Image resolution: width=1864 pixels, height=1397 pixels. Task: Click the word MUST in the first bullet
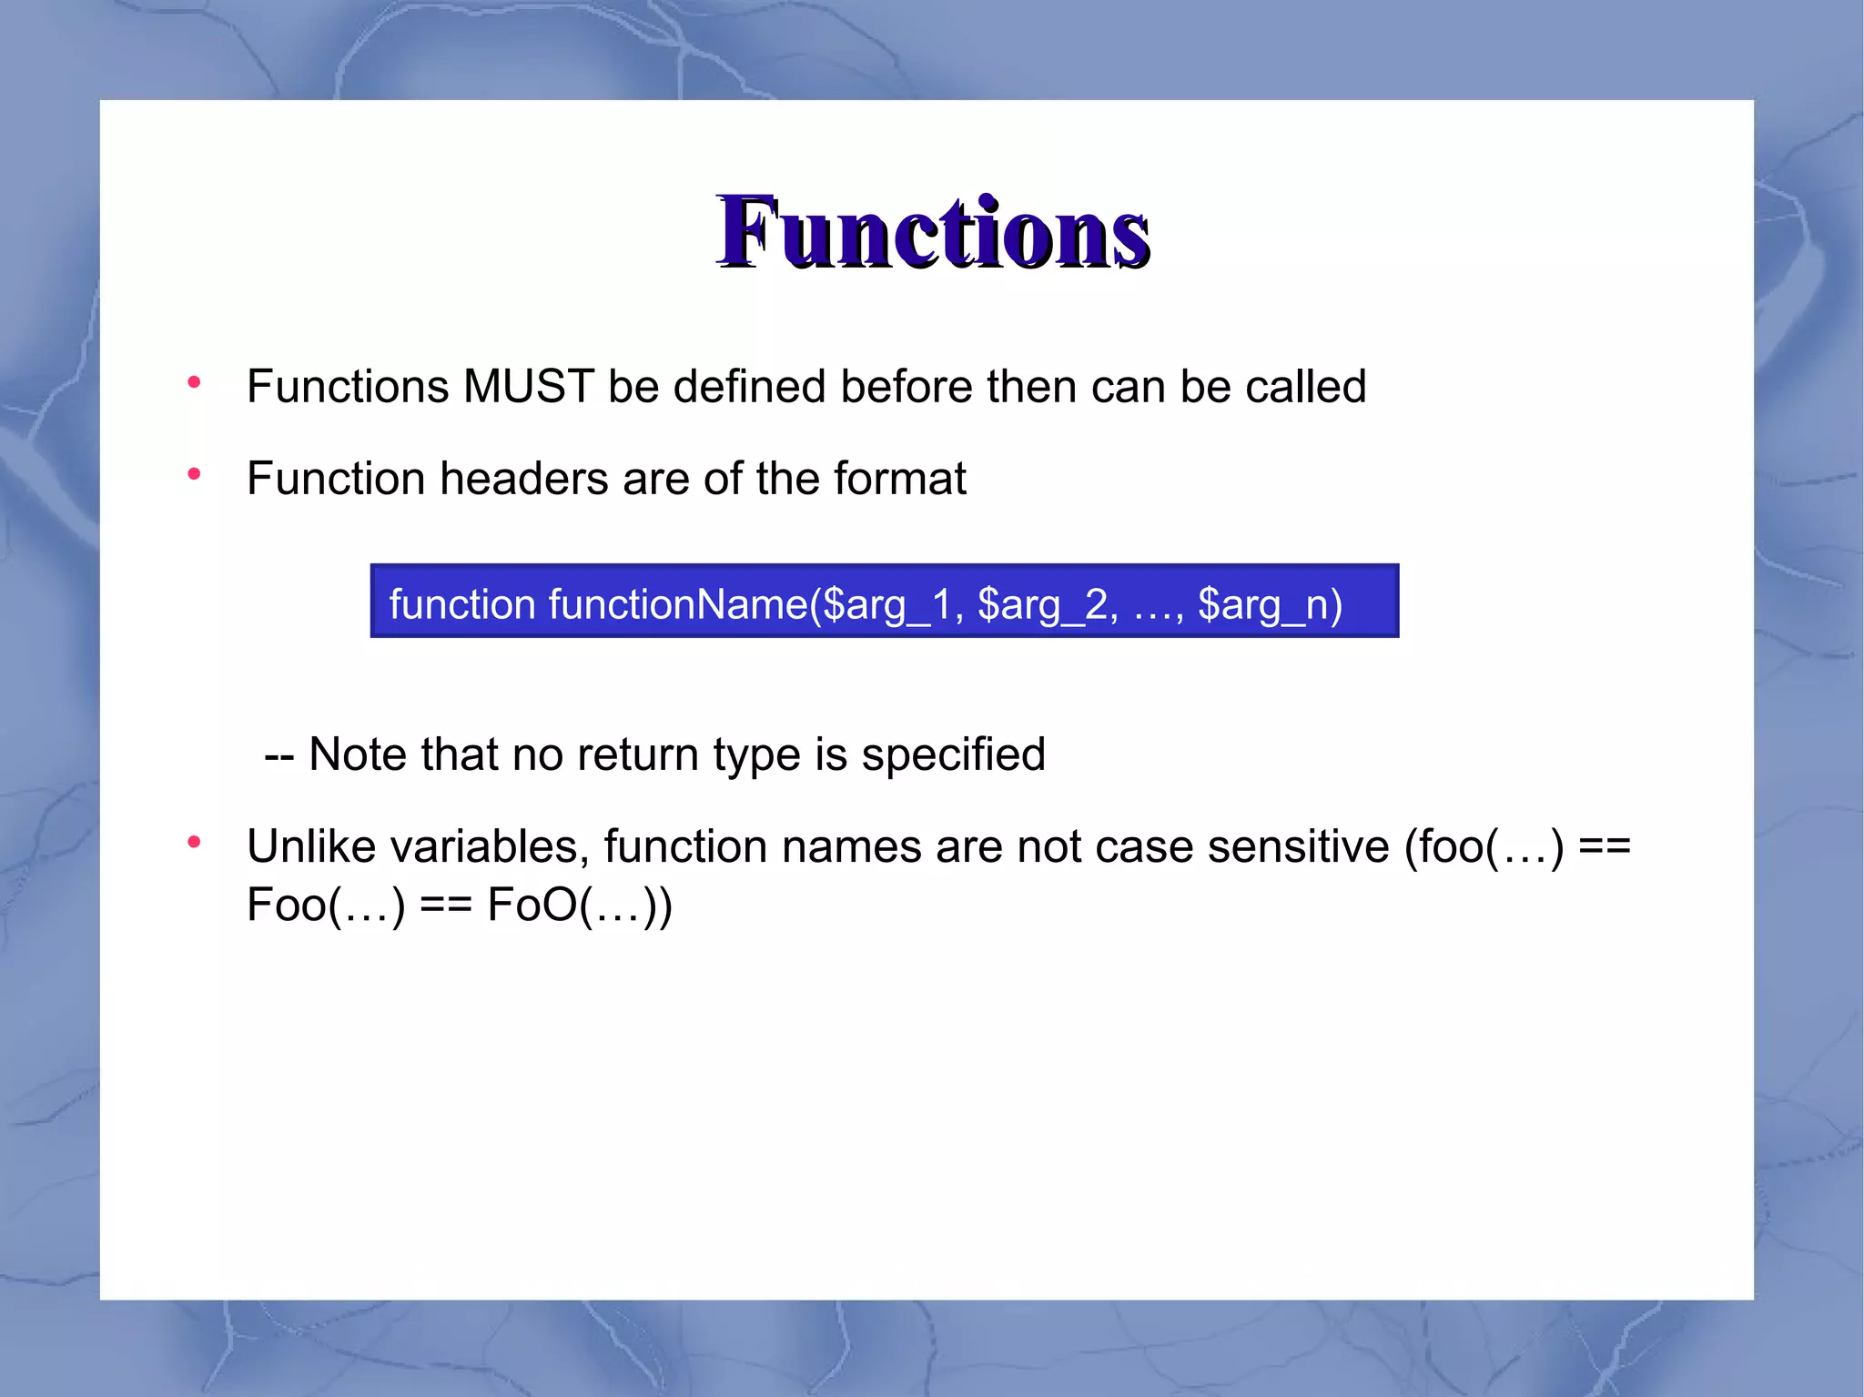click(x=528, y=387)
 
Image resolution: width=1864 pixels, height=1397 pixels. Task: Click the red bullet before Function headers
click(x=194, y=474)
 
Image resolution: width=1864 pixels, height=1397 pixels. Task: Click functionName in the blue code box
click(x=678, y=604)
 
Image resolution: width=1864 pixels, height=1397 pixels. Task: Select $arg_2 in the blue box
click(x=1042, y=604)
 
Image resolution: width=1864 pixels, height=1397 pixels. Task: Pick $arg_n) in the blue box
click(x=1270, y=604)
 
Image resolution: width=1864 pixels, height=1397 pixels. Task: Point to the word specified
click(x=953, y=754)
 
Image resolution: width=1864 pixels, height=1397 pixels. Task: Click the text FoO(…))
click(x=580, y=906)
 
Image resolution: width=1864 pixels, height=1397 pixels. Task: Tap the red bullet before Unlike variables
click(x=194, y=843)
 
